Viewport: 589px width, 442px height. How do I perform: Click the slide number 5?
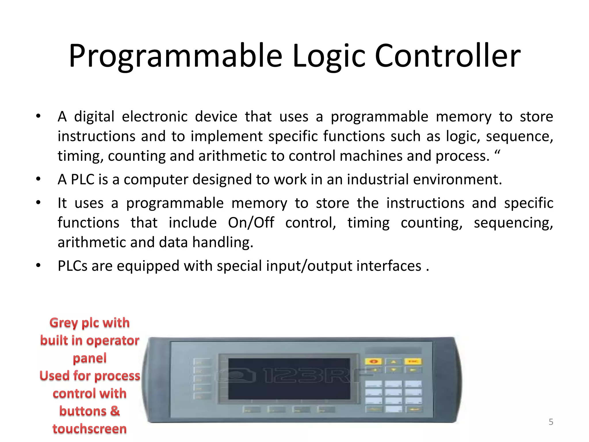click(x=551, y=422)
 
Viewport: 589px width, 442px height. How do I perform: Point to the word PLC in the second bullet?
click(x=83, y=180)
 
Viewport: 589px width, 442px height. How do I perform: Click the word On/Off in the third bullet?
click(x=251, y=223)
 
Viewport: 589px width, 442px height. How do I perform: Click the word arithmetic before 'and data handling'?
click(x=92, y=242)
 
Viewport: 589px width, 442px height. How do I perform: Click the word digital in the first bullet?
click(x=94, y=117)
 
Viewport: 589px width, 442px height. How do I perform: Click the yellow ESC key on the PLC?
click(x=413, y=361)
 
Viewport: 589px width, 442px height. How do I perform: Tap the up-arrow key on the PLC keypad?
click(x=393, y=361)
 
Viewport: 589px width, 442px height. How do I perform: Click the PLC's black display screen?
click(x=289, y=379)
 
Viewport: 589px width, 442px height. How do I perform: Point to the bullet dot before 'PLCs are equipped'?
click(x=38, y=265)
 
